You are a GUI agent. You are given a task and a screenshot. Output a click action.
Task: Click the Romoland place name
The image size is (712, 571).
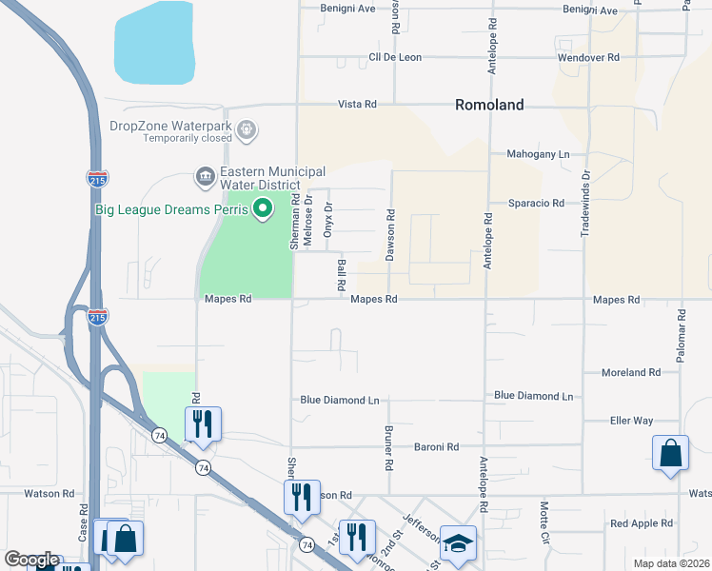488,105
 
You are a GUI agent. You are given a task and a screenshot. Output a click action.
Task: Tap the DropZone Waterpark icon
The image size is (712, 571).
247,128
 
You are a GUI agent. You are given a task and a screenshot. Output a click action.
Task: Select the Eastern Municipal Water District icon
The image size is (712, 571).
205,176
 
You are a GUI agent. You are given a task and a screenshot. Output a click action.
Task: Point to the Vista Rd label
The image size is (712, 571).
357,104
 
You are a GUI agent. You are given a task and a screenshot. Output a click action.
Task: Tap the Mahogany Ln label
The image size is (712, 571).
537,154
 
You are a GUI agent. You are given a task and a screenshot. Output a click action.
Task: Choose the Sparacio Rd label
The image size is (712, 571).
536,204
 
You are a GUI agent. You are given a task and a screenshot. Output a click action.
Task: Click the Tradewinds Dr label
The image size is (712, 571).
585,205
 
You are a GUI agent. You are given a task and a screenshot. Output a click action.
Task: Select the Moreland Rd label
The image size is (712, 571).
630,373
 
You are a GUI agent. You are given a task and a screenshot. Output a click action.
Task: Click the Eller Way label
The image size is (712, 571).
631,421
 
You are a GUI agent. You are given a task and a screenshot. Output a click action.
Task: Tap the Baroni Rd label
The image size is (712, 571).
436,446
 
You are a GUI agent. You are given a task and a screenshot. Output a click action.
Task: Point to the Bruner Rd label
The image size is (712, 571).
388,448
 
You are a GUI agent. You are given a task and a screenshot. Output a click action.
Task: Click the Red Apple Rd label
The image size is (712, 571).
642,523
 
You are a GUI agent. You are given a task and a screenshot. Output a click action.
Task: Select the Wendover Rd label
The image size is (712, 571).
588,57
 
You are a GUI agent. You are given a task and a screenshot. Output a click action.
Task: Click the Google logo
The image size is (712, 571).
31,560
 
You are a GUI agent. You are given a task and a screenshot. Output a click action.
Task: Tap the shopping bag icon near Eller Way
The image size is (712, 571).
670,455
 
